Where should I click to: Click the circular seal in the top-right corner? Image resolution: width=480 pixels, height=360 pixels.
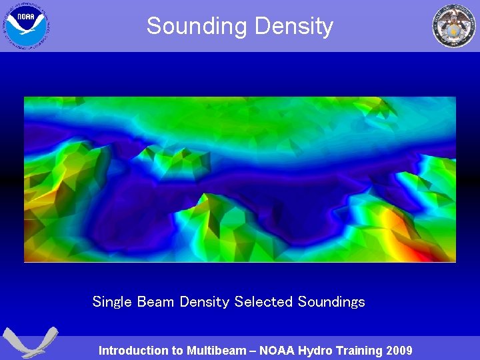point(454,25)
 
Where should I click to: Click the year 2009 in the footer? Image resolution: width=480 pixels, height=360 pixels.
point(399,351)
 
